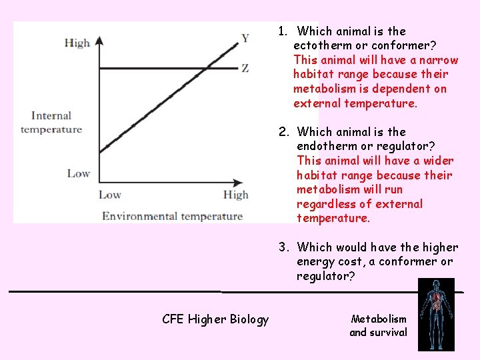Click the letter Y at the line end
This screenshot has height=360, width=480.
[245, 38]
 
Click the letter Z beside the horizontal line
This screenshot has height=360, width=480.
[245, 68]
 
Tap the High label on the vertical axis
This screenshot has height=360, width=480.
[77, 43]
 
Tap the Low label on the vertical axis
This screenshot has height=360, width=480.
[78, 173]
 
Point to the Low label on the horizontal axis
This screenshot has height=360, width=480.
[110, 195]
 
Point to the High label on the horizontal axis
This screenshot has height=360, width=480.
[235, 195]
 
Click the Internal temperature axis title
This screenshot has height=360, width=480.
[51, 123]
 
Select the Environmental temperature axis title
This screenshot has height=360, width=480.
[172, 215]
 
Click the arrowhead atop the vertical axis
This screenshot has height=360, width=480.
[99, 40]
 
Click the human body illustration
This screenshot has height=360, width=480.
[436, 315]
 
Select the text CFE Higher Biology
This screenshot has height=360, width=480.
[215, 319]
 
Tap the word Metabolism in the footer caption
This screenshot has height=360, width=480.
[379, 319]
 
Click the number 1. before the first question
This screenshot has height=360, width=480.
[283, 31]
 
